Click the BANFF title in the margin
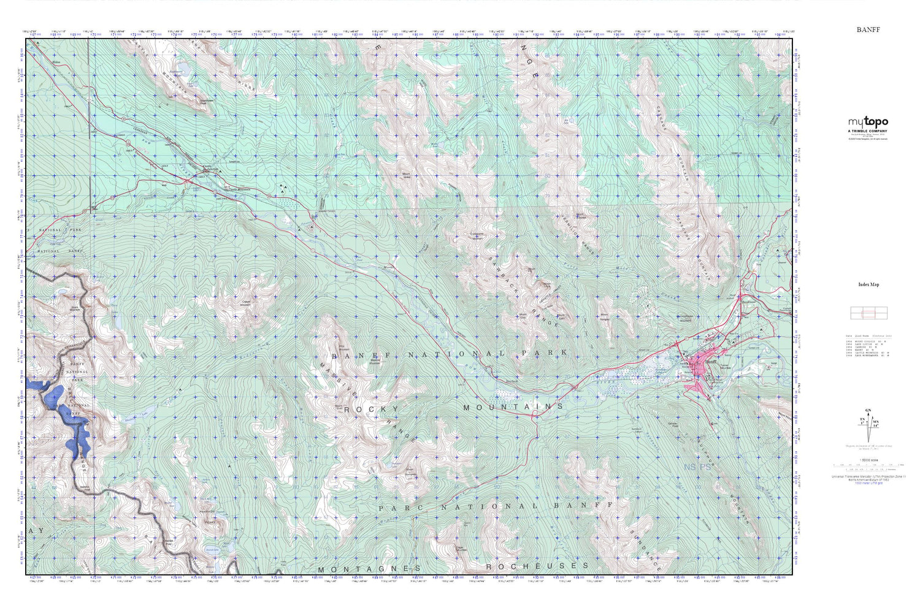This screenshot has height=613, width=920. (x=867, y=29)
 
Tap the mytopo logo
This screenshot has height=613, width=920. (x=868, y=123)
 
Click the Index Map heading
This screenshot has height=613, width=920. (x=868, y=284)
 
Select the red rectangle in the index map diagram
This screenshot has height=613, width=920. (x=868, y=314)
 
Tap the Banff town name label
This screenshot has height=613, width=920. (x=710, y=362)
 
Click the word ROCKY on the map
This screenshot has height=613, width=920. (x=372, y=409)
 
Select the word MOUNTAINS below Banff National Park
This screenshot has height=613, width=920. (x=513, y=407)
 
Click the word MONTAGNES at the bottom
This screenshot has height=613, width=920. (x=370, y=569)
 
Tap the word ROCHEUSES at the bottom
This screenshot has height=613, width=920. (x=537, y=566)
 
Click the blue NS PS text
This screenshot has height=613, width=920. (x=697, y=467)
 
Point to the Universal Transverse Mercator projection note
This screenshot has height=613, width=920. (x=868, y=478)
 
